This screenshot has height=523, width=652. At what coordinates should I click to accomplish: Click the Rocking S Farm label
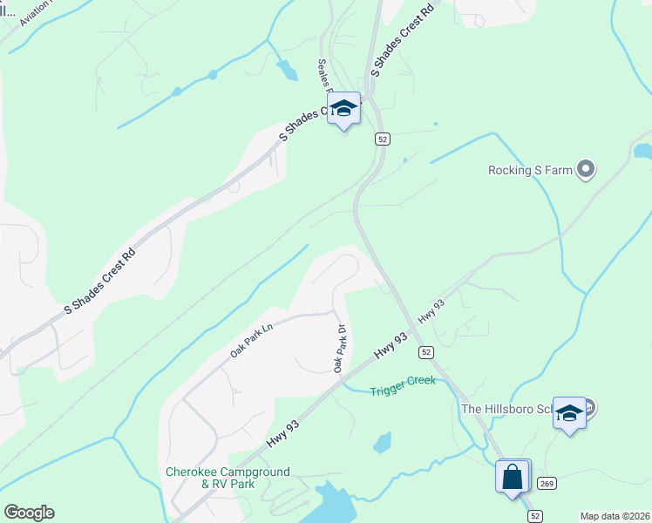click(530, 170)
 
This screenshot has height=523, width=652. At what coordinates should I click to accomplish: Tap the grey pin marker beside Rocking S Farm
click(586, 169)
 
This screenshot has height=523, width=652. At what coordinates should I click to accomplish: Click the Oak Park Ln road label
click(252, 340)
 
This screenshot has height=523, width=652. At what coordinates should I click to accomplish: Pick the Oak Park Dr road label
click(341, 350)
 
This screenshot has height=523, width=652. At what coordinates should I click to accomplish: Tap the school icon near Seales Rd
click(343, 109)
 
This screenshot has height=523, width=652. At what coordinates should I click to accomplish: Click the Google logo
click(29, 513)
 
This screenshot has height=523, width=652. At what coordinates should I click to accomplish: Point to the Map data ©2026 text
click(615, 516)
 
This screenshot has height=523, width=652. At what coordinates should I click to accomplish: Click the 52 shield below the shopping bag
click(535, 516)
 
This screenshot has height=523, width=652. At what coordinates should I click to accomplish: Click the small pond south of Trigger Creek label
click(382, 443)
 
